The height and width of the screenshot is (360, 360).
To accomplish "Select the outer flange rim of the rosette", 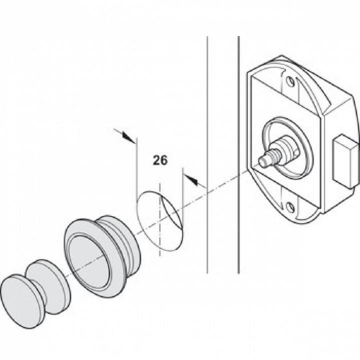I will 70,235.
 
